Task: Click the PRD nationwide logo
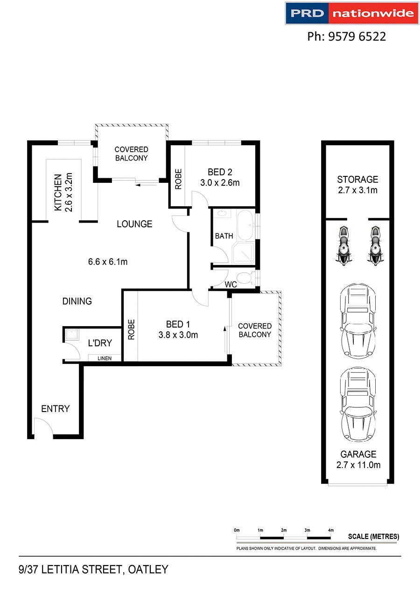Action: click(x=352, y=13)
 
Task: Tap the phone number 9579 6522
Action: click(x=347, y=36)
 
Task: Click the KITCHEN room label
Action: click(x=58, y=193)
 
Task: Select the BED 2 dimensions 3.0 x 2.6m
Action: click(x=220, y=183)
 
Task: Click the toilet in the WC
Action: click(x=253, y=279)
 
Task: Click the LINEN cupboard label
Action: click(x=105, y=358)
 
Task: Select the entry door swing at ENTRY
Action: click(x=43, y=427)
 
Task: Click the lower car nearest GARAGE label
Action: click(x=358, y=405)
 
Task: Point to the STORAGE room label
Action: click(x=357, y=179)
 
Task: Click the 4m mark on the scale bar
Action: click(x=331, y=531)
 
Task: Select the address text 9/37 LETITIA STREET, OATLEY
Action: click(x=93, y=570)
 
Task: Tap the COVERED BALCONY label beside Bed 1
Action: click(x=254, y=330)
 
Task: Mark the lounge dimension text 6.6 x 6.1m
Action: click(x=108, y=262)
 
